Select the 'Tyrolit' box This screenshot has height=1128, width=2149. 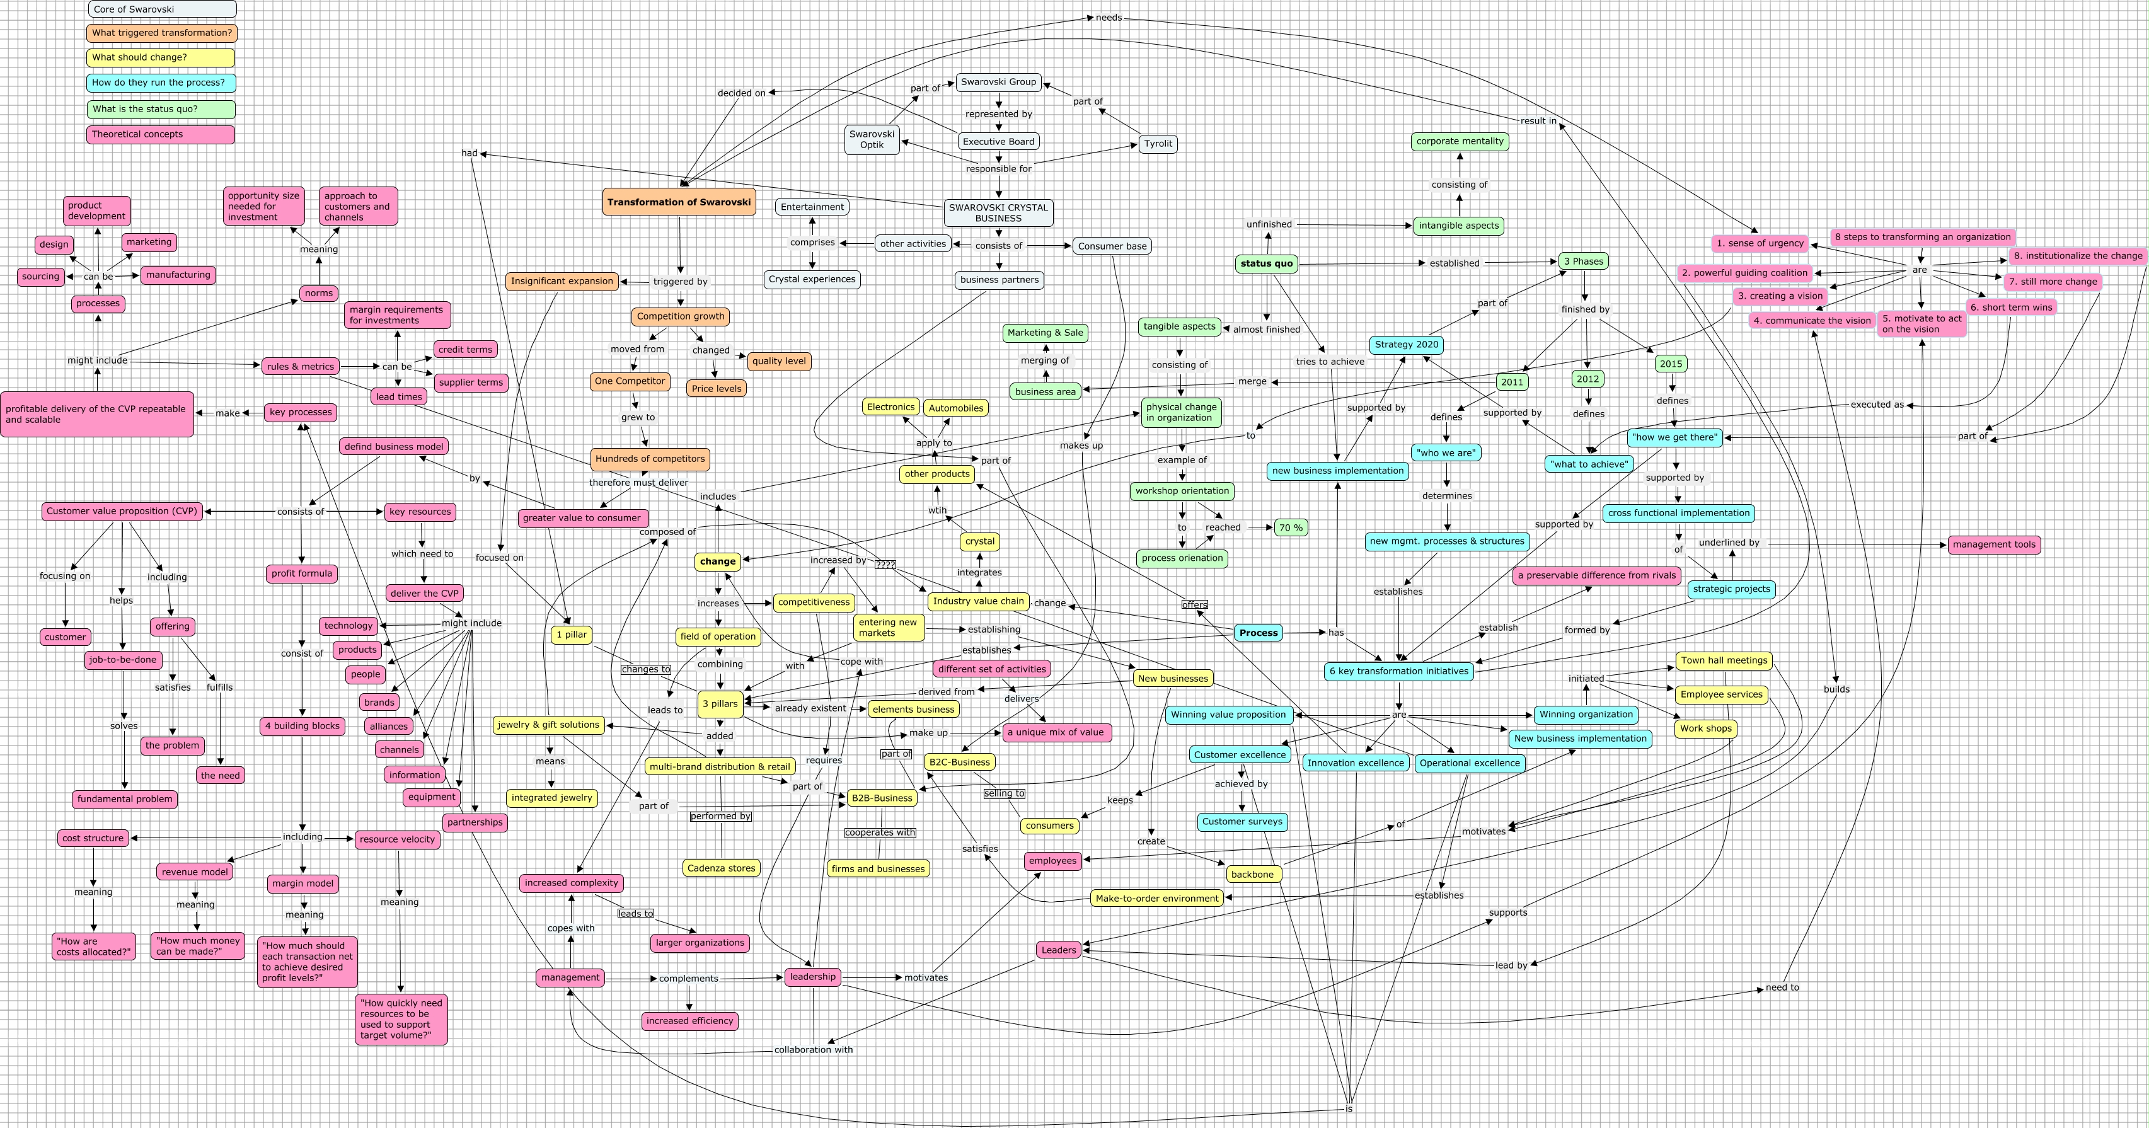(1158, 144)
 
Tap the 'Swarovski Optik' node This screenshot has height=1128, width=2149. (872, 139)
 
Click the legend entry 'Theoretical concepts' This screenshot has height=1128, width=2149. (161, 134)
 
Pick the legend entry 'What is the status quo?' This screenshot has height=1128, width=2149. (161, 109)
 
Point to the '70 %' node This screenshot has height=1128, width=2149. (1291, 527)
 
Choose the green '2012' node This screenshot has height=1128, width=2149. (1587, 379)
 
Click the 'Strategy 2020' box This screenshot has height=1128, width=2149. (1407, 345)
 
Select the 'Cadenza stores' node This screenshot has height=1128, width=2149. (721, 868)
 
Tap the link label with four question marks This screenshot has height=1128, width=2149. (885, 565)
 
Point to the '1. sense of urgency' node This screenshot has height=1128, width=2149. (1760, 244)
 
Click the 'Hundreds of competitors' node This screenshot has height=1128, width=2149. (650, 459)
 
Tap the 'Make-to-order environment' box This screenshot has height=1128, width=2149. (1157, 899)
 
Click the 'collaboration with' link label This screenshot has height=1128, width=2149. (814, 1050)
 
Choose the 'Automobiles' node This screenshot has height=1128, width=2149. (956, 408)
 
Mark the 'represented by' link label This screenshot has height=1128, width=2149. (999, 114)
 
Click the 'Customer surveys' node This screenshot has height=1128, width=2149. (1242, 822)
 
